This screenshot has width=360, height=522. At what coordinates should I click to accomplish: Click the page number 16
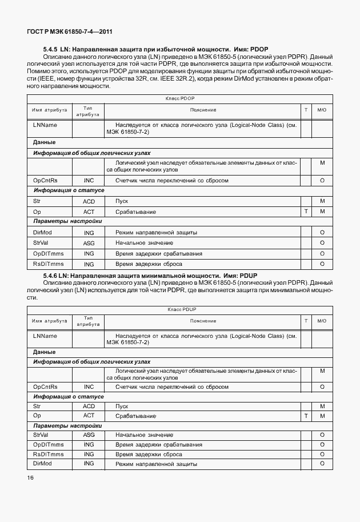[30, 478]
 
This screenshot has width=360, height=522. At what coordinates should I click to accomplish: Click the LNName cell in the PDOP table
[45, 124]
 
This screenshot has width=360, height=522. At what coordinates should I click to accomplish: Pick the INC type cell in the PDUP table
[89, 387]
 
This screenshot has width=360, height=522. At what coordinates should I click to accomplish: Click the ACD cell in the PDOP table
[89, 201]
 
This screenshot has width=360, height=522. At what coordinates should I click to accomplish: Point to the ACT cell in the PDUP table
[89, 415]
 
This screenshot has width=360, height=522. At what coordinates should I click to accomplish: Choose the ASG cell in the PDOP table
[89, 243]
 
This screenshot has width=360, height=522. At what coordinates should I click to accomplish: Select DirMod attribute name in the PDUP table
[43, 463]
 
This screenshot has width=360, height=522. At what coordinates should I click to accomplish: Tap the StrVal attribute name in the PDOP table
[42, 243]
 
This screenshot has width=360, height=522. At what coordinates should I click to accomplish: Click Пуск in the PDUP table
[122, 406]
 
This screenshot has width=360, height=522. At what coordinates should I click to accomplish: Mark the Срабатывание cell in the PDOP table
[135, 212]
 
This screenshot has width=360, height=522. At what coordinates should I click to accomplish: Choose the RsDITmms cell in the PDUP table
[49, 454]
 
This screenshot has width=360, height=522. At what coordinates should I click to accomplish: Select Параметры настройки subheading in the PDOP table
[67, 221]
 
